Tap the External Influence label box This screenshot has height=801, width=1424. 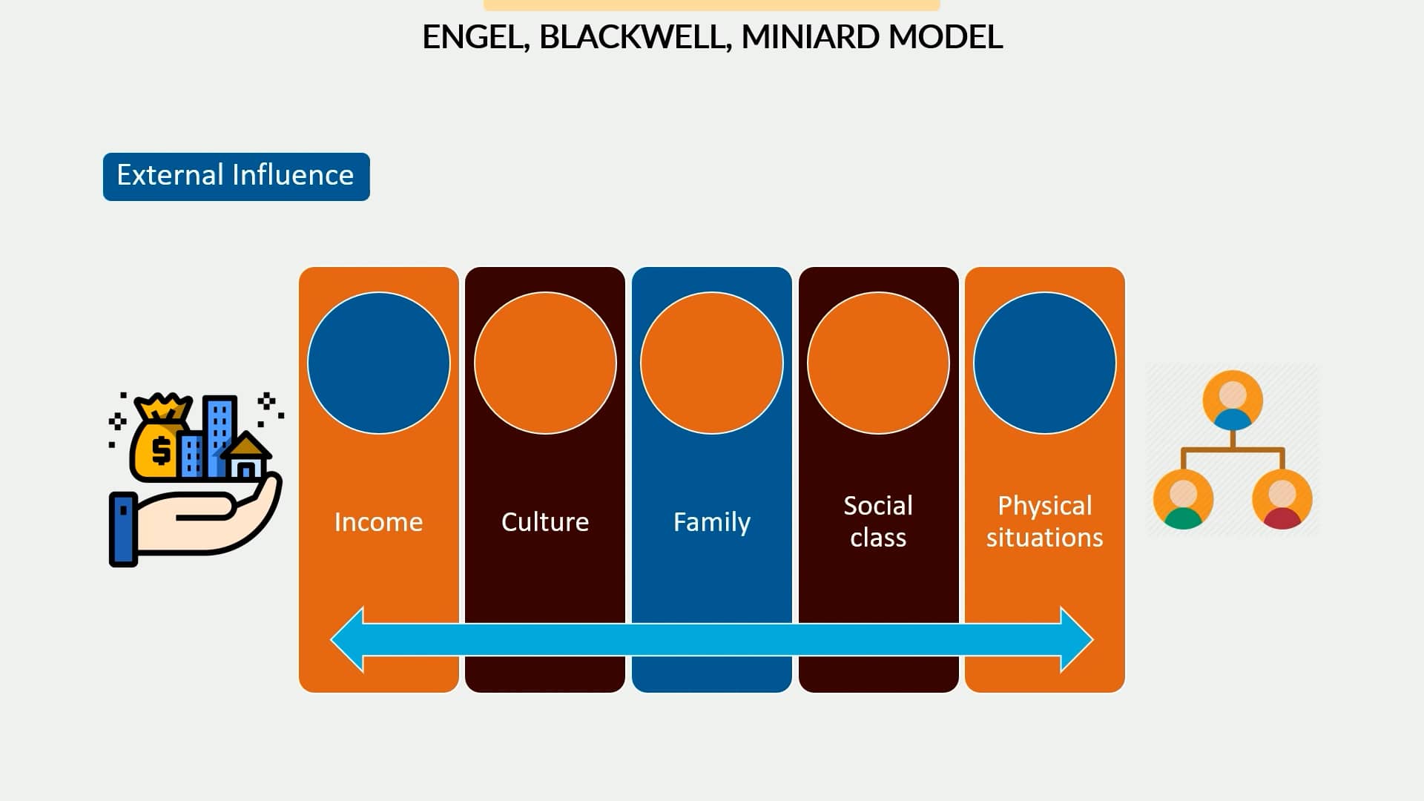(x=236, y=177)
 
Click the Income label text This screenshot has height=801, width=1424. (x=378, y=522)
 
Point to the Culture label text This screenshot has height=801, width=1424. (x=545, y=522)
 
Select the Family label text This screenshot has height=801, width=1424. (x=711, y=522)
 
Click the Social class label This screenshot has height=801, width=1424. (x=878, y=521)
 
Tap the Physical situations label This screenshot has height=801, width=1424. (x=1044, y=521)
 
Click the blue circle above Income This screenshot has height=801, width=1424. (x=378, y=363)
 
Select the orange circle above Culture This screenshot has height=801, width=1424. (x=545, y=363)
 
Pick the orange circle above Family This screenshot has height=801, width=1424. (x=711, y=363)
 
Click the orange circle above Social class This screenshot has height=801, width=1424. (x=878, y=363)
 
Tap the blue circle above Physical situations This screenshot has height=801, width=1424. (x=1044, y=363)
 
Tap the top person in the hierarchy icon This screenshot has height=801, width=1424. (x=1232, y=401)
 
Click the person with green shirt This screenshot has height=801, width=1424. (x=1183, y=499)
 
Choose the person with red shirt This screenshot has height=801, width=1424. (x=1282, y=499)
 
